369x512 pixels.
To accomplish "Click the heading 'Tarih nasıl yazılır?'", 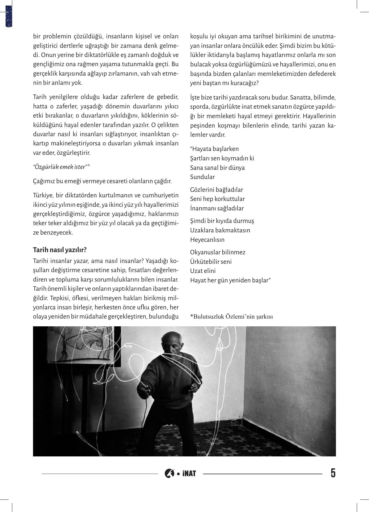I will coord(60,250).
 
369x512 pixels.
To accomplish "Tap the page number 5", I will coord(333,473).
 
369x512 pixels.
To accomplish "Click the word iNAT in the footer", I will coord(189,473).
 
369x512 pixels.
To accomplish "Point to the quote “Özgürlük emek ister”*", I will coord(61,167).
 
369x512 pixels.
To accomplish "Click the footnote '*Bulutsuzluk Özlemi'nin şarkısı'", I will coord(231,316).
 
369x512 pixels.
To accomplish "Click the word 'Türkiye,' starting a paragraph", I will coord(43,195).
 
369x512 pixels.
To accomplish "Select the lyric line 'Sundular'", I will coord(202,177).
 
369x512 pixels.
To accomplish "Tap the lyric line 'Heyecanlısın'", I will coord(207,239).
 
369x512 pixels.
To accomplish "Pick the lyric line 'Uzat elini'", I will coord(203,271).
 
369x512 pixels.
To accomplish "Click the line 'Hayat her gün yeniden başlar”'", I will coord(230,280).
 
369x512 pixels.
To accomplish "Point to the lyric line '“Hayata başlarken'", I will coord(214,149).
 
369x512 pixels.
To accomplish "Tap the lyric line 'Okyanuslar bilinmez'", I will coord(218,252).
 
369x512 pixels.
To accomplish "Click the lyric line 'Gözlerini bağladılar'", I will coord(216,190).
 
